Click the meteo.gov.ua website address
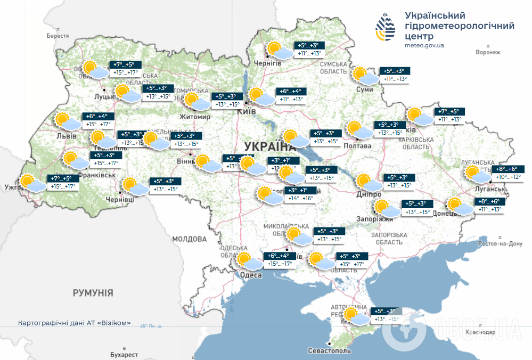click(x=424, y=45)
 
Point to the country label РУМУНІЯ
click(x=93, y=293)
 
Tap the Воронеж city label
click(x=488, y=52)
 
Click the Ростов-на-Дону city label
click(x=501, y=244)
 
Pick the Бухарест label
click(x=120, y=355)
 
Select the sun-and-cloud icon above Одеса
click(x=249, y=260)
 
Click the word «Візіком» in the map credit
click(x=114, y=323)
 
